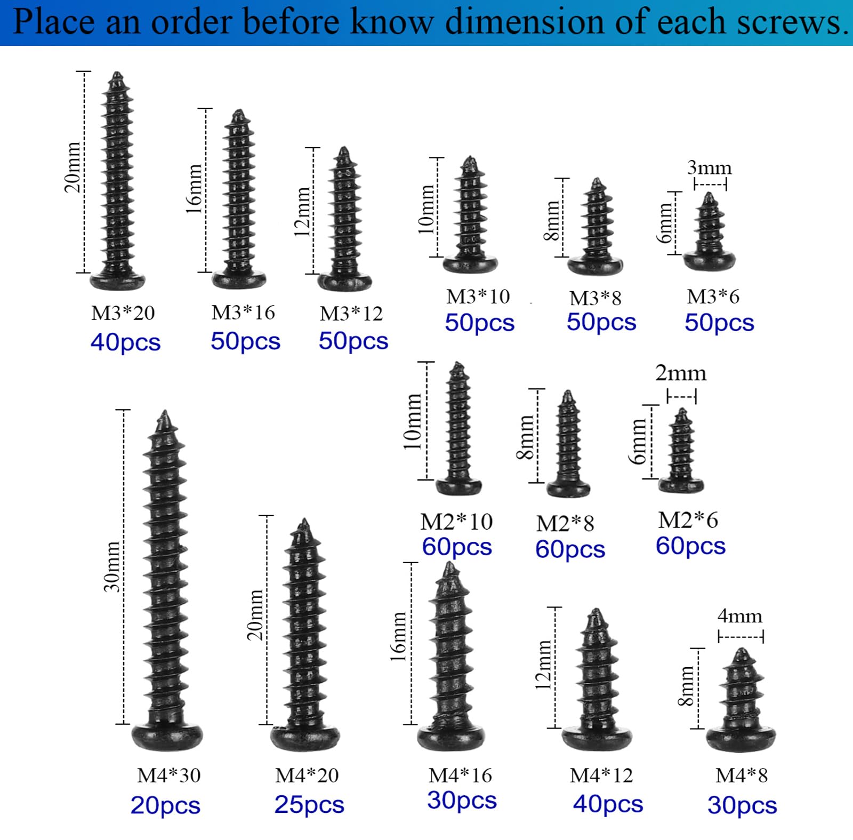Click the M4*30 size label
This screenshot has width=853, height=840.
168,775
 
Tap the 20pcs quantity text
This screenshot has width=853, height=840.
165,805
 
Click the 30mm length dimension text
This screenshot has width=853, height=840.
112,566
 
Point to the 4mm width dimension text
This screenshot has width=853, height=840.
739,616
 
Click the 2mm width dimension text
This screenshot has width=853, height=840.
681,373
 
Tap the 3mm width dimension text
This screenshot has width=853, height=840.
709,167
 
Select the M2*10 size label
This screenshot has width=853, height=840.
456,522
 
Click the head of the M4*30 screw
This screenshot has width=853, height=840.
167,738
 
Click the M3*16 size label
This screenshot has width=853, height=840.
243,313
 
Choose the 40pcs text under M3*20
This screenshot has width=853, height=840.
125,342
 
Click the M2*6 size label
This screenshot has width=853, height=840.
688,519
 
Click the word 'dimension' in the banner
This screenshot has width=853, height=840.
525,22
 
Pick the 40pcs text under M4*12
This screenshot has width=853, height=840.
608,804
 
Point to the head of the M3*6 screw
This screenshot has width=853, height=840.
710,261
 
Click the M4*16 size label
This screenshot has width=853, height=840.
460,775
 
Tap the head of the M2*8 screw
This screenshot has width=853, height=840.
568,487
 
